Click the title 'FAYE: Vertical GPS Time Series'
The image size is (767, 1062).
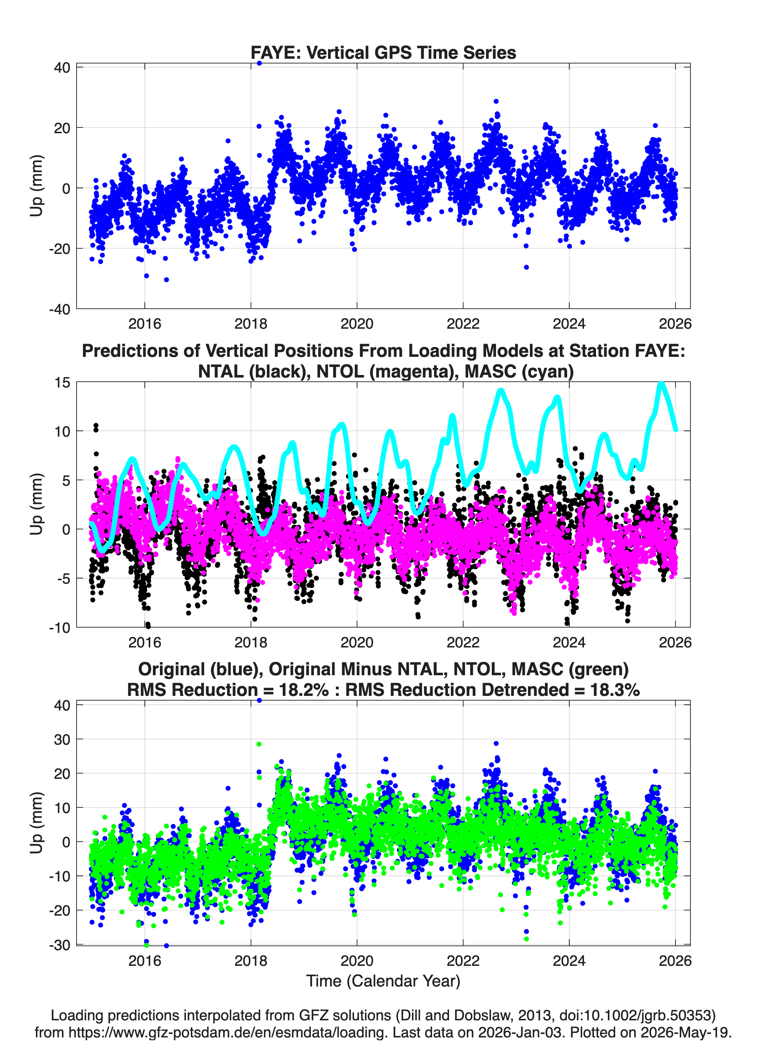pos(383,52)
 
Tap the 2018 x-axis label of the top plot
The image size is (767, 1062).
pos(251,324)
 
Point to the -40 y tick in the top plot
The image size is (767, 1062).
pos(59,309)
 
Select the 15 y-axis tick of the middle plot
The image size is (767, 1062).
pos(62,382)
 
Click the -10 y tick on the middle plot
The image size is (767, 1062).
pos(59,628)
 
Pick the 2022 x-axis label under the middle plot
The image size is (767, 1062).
pos(463,642)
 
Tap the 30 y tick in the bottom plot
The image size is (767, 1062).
pos(62,739)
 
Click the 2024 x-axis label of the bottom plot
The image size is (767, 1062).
pos(569,961)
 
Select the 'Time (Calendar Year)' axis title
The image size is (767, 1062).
pos(383,980)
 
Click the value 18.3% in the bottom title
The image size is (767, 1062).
pos(615,690)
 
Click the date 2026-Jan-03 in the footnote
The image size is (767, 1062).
pos(520,1032)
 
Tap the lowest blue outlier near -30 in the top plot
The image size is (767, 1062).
pos(166,280)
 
